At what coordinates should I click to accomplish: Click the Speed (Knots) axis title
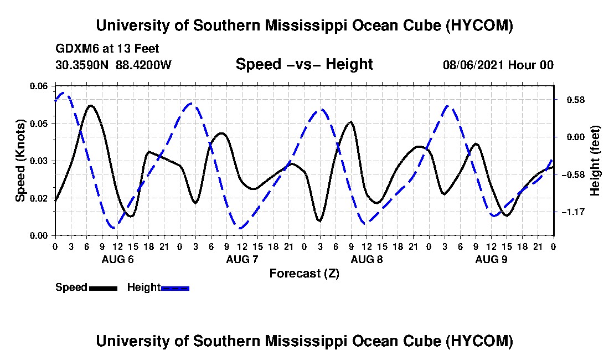pos(20,161)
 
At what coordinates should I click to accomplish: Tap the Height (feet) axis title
pos(595,161)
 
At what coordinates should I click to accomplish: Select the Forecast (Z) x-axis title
pos(304,274)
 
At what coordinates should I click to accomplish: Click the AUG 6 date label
pos(117,259)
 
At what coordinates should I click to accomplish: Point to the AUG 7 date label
pos(242,259)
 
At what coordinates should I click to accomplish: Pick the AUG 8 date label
pos(367,259)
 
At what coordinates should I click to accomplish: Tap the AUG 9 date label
pos(491,259)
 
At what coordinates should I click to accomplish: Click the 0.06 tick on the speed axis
pos(39,86)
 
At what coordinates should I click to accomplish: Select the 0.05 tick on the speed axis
pos(39,124)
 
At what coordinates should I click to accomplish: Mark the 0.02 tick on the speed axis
pos(39,198)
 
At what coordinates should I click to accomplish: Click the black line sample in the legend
pos(103,288)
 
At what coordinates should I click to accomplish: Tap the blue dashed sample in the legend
pos(175,288)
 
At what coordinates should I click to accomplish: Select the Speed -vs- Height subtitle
pos(304,64)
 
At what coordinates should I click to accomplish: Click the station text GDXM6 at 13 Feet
pos(107,49)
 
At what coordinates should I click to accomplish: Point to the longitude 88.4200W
pos(143,65)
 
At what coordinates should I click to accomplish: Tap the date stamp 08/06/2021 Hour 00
pos(498,65)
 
